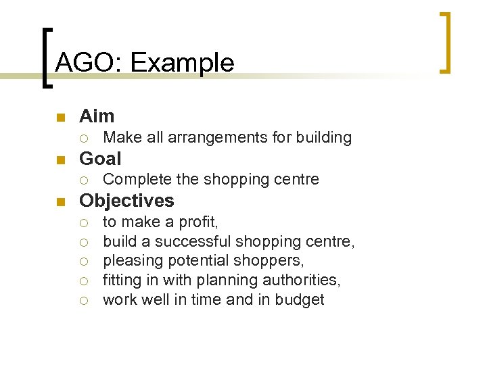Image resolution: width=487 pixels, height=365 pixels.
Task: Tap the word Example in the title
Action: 182,64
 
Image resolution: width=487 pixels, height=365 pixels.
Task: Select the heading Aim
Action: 97,116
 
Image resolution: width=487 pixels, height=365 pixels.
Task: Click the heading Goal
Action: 100,159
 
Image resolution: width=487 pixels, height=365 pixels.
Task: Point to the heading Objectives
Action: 126,201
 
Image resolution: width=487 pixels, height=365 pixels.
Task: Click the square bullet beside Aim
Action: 60,118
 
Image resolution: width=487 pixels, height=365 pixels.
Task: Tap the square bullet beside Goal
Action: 60,160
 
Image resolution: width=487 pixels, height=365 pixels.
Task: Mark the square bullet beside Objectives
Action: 60,202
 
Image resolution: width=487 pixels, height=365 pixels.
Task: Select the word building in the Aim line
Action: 323,138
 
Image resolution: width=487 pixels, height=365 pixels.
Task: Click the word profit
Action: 198,222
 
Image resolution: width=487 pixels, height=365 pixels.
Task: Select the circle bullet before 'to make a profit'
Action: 83,222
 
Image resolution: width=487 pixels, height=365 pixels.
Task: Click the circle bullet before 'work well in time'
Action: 83,300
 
